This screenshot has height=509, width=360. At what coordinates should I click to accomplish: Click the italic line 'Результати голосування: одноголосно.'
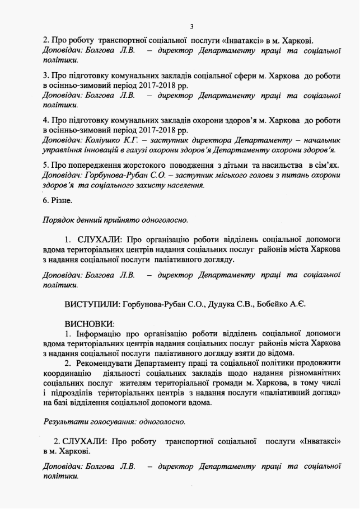[114, 421]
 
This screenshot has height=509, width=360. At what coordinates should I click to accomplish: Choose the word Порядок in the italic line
[58, 219]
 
